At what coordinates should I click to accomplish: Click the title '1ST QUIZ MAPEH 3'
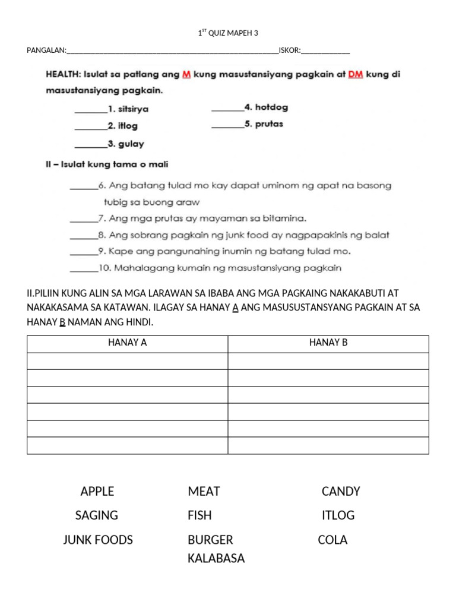click(228, 33)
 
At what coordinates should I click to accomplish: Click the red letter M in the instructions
click(186, 75)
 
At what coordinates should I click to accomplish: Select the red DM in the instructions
click(355, 75)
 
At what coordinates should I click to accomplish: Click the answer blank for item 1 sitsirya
click(90, 110)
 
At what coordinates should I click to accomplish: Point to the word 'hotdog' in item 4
click(271, 107)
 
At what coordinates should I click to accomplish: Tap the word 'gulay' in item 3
click(132, 144)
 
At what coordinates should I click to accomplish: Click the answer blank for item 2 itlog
click(90, 127)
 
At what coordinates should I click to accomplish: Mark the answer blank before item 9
click(84, 253)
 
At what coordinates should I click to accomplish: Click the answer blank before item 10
click(84, 270)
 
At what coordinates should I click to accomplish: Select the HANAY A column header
click(127, 343)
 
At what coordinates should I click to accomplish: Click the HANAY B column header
click(328, 343)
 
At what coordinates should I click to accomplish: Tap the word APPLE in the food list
click(97, 491)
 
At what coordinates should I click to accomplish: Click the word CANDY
click(341, 491)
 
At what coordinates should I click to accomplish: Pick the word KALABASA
click(216, 558)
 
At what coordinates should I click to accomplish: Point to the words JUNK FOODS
click(98, 540)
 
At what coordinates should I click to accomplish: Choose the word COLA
click(332, 540)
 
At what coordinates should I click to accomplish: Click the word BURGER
click(210, 540)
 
